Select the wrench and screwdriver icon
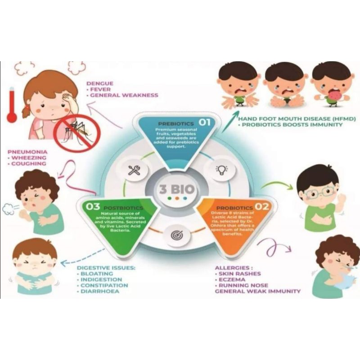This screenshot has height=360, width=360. click(x=134, y=170)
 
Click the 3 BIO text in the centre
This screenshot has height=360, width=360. click(x=176, y=189)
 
